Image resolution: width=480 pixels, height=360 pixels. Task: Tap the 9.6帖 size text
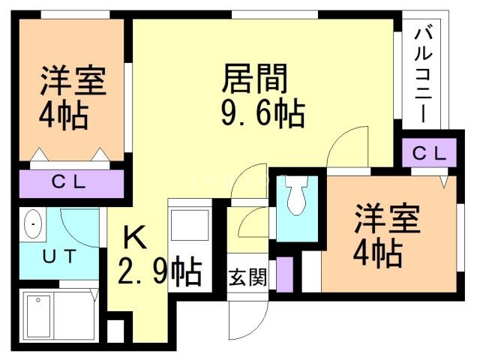click(262, 114)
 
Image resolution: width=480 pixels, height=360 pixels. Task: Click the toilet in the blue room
click(295, 199)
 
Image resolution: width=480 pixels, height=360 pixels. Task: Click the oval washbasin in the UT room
click(33, 224)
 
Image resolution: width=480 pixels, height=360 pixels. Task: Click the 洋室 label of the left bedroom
click(72, 81)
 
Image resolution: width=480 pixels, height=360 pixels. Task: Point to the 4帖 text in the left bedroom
click(63, 115)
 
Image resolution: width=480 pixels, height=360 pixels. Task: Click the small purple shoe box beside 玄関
click(284, 274)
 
